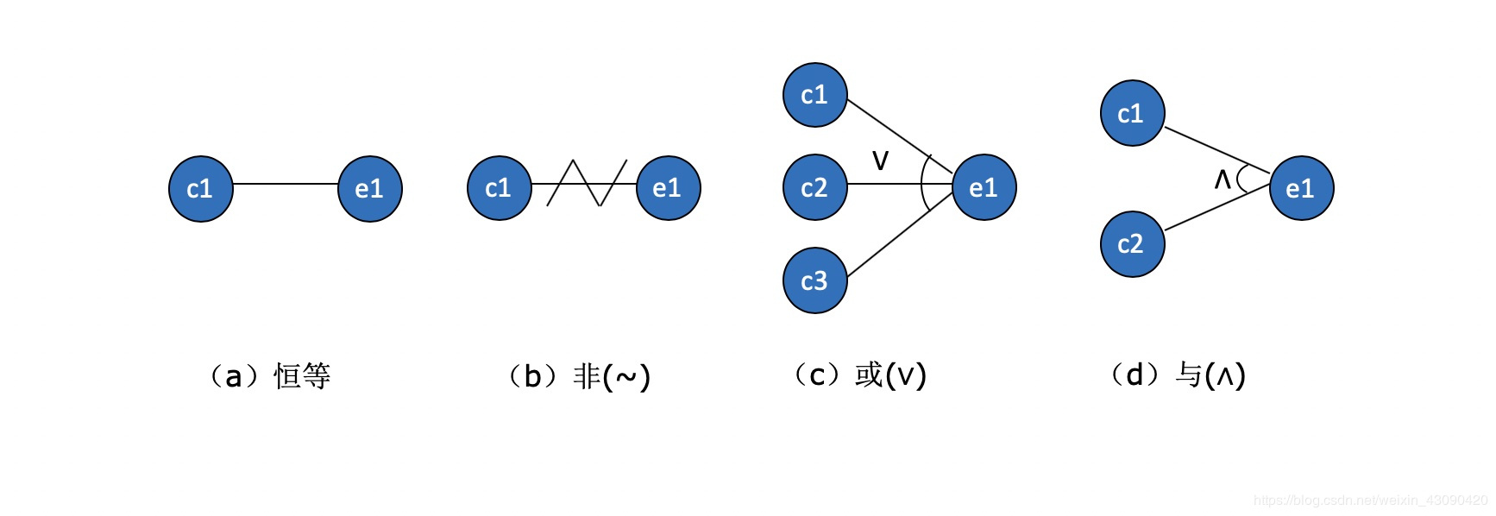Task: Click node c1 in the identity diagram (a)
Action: (x=201, y=189)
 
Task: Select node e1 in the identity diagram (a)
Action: (x=370, y=189)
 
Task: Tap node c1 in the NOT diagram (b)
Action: (x=500, y=188)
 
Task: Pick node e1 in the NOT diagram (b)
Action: (x=669, y=188)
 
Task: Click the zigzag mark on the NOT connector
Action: (x=587, y=183)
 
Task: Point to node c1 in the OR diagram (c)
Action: (x=815, y=95)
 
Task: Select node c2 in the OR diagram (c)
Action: (x=815, y=187)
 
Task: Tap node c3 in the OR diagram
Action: (x=815, y=280)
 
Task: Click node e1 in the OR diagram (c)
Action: (x=984, y=187)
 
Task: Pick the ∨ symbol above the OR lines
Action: (x=880, y=160)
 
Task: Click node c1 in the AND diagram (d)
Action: (x=1133, y=113)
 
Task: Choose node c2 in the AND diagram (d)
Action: (x=1133, y=244)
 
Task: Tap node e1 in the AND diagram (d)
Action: (x=1302, y=188)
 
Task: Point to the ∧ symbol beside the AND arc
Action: (x=1223, y=179)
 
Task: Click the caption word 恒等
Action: (x=302, y=376)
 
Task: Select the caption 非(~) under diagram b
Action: (x=612, y=376)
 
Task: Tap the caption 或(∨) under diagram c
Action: (x=890, y=375)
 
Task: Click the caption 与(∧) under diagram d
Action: (x=1210, y=375)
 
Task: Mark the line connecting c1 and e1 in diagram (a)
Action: (x=286, y=184)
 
